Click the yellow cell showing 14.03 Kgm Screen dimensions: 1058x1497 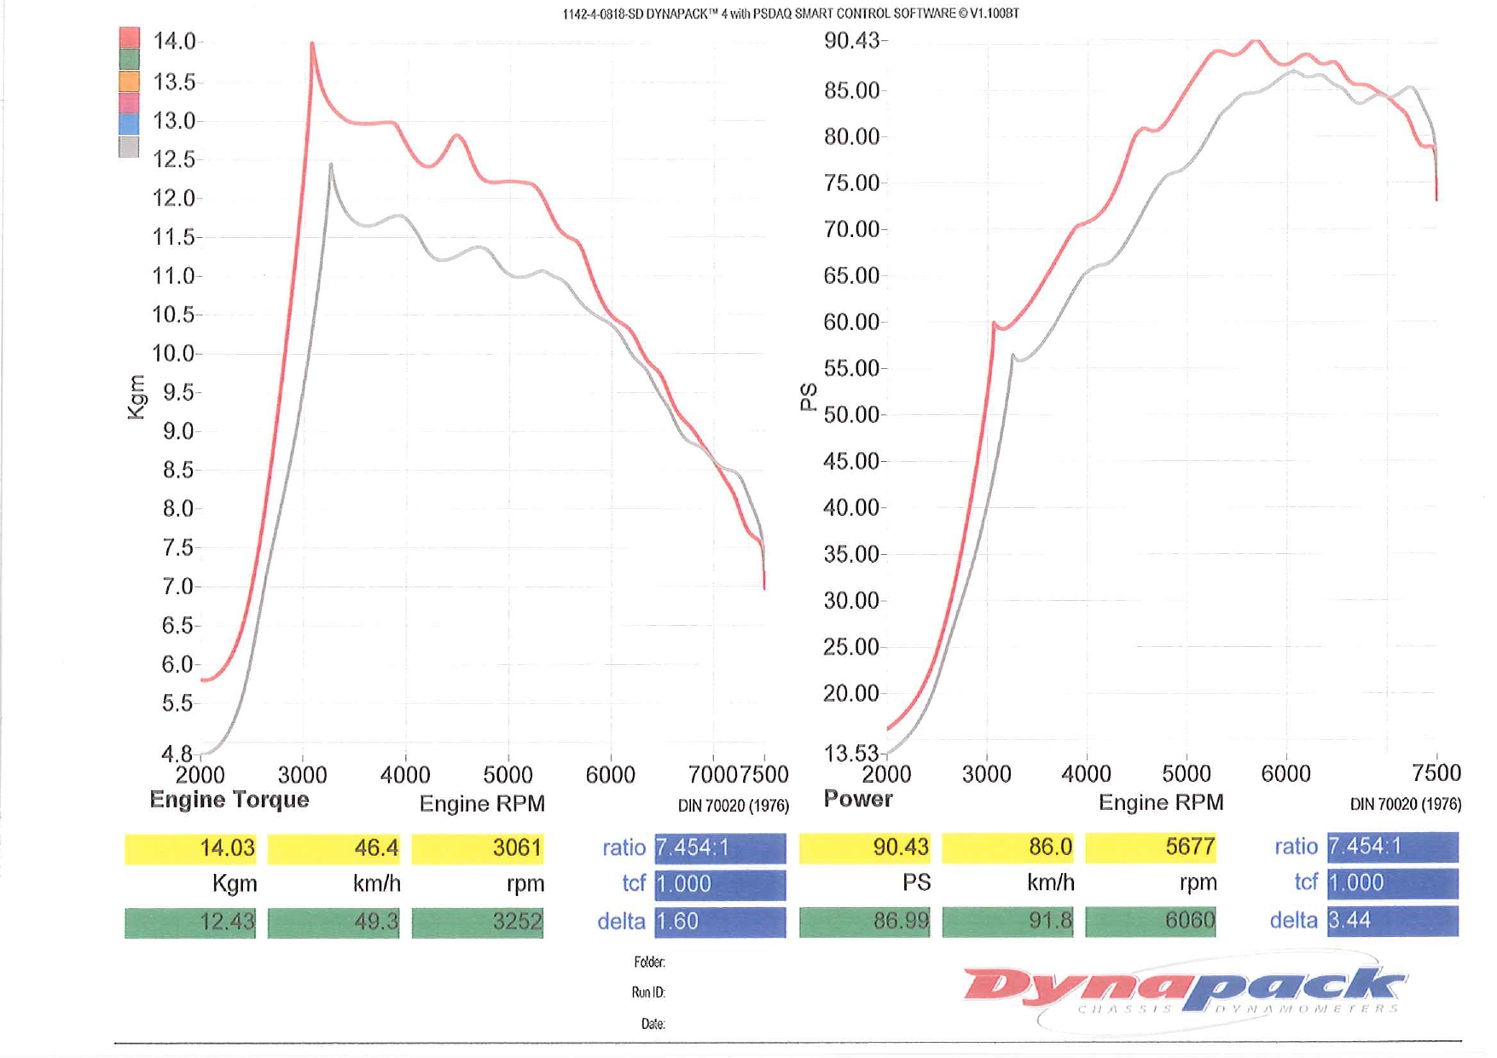pos(190,848)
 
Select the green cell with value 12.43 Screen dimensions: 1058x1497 pos(190,922)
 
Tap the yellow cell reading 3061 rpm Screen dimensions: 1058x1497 pos(477,848)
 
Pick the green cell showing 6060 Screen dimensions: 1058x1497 pos(1150,922)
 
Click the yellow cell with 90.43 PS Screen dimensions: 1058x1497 pos(864,847)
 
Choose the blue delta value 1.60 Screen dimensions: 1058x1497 pos(719,922)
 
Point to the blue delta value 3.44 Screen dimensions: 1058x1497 pos(1391,921)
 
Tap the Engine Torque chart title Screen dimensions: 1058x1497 pos(229,800)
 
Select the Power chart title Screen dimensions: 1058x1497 pos(857,799)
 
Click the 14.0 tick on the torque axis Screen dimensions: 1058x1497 pos(174,41)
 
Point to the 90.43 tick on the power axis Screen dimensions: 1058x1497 pos(850,41)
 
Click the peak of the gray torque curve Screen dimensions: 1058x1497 pos(331,165)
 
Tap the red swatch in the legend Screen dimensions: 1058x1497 pos(129,37)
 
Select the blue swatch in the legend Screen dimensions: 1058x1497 pos(129,124)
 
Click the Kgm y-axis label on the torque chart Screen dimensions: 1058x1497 pos(136,397)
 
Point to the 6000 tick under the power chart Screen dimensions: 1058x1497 pos(1285,774)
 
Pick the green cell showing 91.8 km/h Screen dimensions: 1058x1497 pos(1007,922)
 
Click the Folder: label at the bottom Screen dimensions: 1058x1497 pos(649,963)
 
